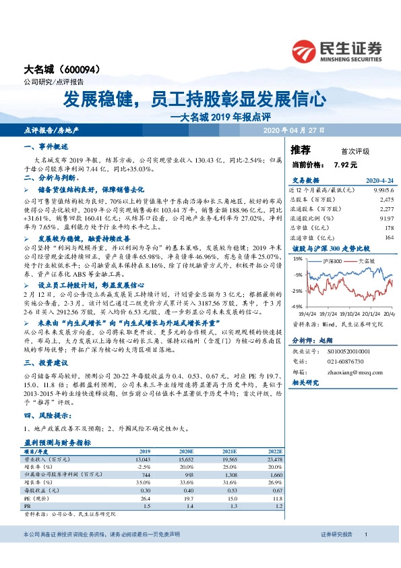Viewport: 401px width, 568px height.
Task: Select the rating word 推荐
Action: click(301, 150)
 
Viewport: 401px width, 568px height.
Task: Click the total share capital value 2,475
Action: click(386, 200)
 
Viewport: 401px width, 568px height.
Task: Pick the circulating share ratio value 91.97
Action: click(386, 219)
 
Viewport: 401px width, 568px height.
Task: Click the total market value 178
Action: click(388, 228)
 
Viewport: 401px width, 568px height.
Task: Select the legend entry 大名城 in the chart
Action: click(367, 260)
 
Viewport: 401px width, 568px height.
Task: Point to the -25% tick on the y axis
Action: click(297, 291)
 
